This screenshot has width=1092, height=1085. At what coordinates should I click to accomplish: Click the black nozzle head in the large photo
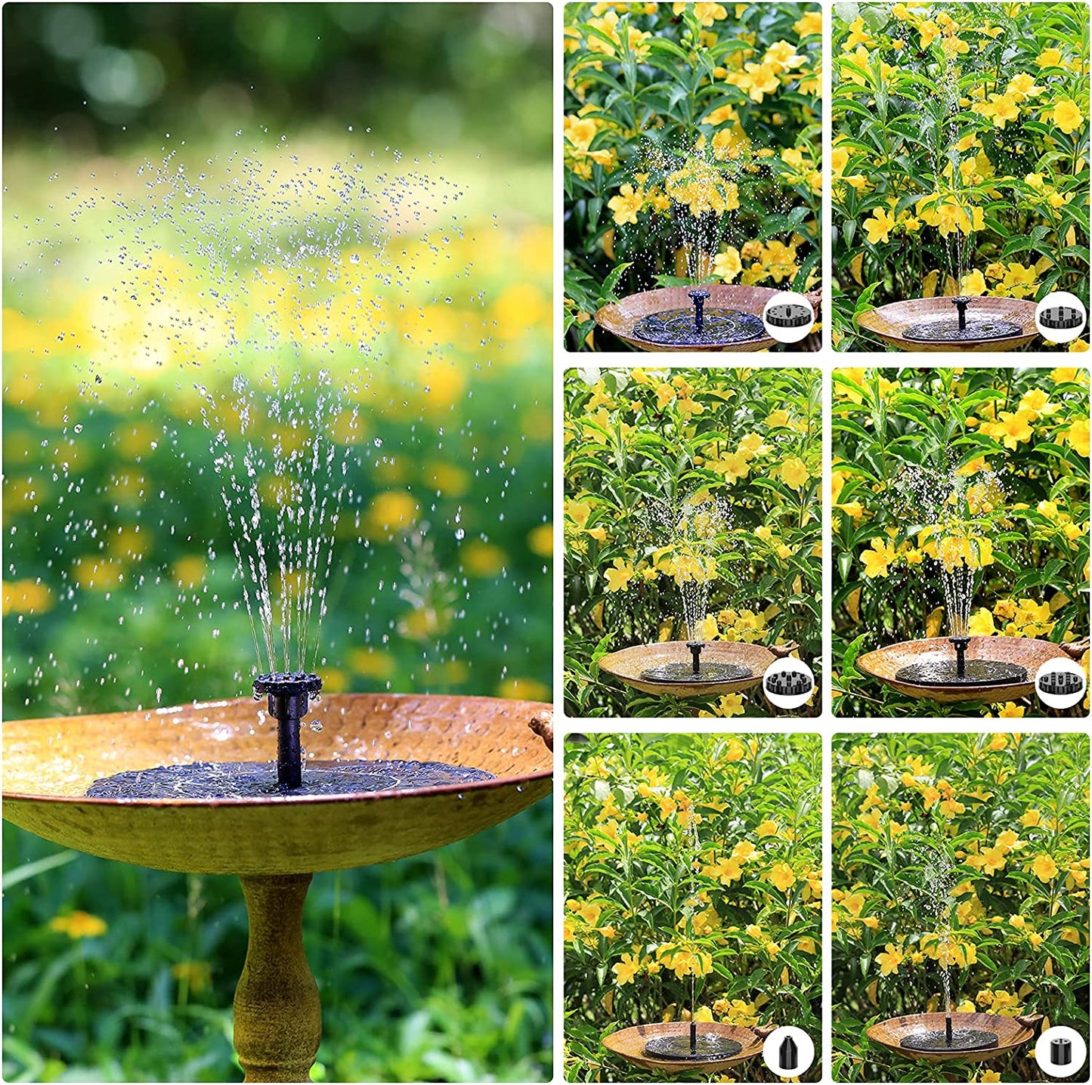[x=287, y=685]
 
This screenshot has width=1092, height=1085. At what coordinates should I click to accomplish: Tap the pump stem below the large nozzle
[x=289, y=744]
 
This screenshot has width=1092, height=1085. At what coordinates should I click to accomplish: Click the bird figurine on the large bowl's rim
[x=541, y=725]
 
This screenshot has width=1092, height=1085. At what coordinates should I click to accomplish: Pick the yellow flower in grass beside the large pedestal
[x=79, y=924]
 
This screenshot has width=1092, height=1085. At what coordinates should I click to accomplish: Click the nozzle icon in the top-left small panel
[x=788, y=316]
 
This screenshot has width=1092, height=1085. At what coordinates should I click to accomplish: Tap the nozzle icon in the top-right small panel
[x=1060, y=316]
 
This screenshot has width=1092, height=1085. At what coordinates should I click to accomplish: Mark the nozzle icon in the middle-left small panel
[x=788, y=682]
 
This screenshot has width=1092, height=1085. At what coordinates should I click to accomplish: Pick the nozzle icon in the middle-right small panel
[x=1060, y=682]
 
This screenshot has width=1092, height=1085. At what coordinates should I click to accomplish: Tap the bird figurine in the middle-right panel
[x=1078, y=646]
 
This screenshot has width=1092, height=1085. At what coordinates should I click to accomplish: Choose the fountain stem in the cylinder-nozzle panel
[x=948, y=1028]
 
